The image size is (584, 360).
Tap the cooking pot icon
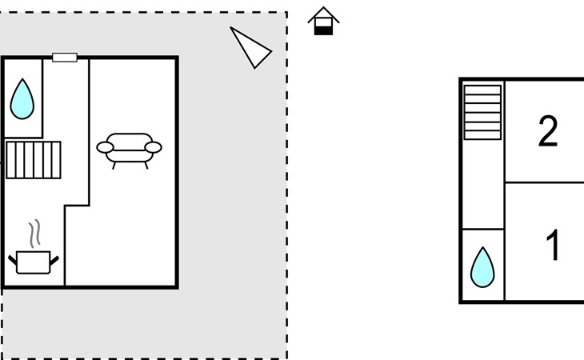pyautogui.click(x=34, y=262)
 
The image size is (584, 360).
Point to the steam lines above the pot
pyautogui.click(x=34, y=234)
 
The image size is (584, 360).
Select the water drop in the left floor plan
pyautogui.click(x=22, y=99)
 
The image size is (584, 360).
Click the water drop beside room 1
pyautogui.click(x=482, y=267)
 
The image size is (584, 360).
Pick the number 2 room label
pyautogui.click(x=548, y=131)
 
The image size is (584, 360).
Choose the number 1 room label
pyautogui.click(x=553, y=245)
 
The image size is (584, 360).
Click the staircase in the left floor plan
pyautogui.click(x=34, y=160)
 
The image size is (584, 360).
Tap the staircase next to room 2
pyautogui.click(x=482, y=113)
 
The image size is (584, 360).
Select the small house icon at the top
pyautogui.click(x=323, y=22)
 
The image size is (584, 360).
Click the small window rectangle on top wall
pyautogui.click(x=65, y=58)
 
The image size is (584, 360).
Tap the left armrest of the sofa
pyautogui.click(x=105, y=147)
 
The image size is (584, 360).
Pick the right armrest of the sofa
pyautogui.click(x=153, y=147)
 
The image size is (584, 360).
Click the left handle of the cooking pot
pyautogui.click(x=12, y=260)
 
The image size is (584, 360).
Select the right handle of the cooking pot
pyautogui.click(x=54, y=260)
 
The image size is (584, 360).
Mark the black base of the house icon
pyautogui.click(x=323, y=31)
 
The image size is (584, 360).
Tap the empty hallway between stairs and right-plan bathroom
pyautogui.click(x=483, y=184)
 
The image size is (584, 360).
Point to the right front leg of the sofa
pyautogui.click(x=146, y=166)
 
